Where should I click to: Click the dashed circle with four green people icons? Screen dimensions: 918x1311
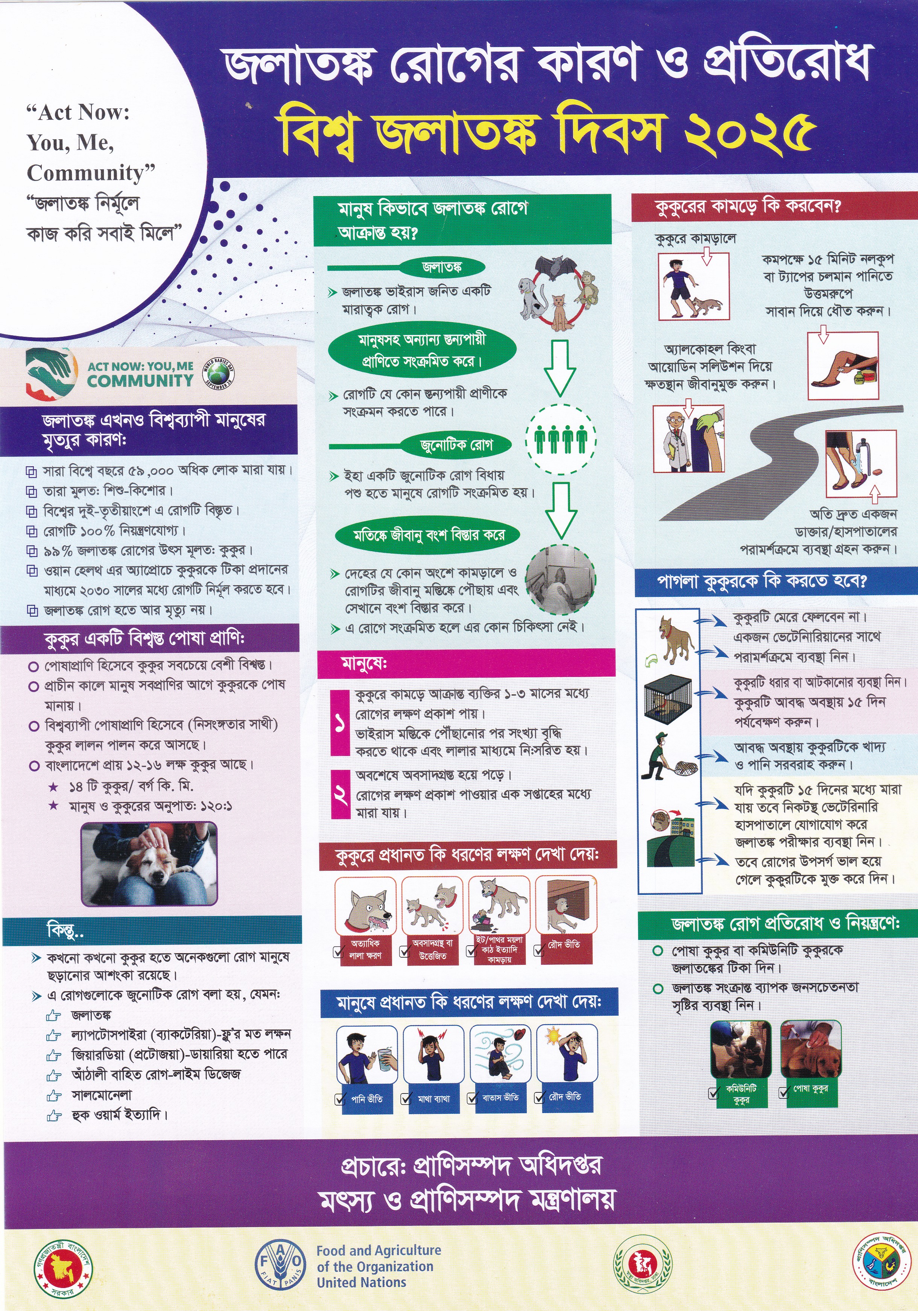click(x=561, y=440)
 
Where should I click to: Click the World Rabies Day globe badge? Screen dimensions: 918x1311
click(x=218, y=374)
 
